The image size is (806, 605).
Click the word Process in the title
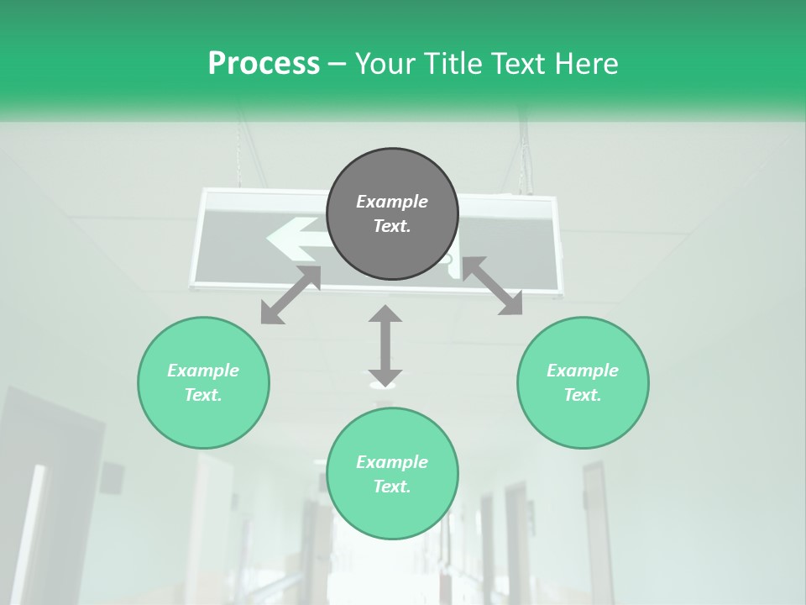click(x=264, y=64)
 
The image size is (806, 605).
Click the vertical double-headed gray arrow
click(x=385, y=345)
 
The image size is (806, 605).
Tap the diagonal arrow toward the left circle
click(x=290, y=295)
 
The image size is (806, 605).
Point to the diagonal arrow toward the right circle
click(x=492, y=286)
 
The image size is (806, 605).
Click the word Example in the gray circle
click(x=392, y=202)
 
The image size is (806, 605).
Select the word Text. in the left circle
click(x=203, y=395)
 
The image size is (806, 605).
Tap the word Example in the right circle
click(x=583, y=371)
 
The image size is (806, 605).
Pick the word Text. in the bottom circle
click(x=392, y=487)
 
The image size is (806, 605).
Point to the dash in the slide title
click(x=338, y=64)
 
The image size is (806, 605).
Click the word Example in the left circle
click(x=203, y=371)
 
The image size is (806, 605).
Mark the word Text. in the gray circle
click(x=392, y=226)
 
